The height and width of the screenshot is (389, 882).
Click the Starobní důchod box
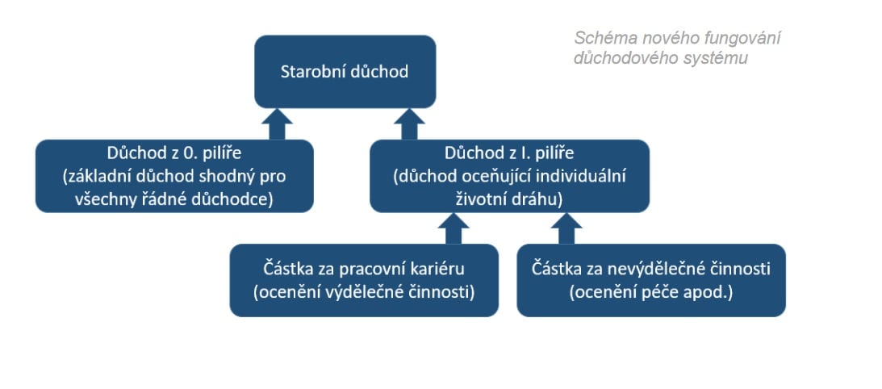pyautogui.click(x=345, y=72)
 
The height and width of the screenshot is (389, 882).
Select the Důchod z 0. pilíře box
pyautogui.click(x=174, y=176)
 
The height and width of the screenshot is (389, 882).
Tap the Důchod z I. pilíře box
pyautogui.click(x=509, y=176)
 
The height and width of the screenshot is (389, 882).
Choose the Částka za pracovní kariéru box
pyautogui.click(x=364, y=280)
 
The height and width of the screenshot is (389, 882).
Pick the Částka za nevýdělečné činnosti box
pyautogui.click(x=651, y=280)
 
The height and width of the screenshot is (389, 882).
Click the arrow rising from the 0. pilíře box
pyautogui.click(x=277, y=123)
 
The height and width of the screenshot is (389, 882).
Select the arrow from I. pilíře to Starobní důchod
pyautogui.click(x=409, y=123)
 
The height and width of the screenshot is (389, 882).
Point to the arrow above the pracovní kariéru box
pyautogui.click(x=454, y=228)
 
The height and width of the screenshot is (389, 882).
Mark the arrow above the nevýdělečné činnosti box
pyautogui.click(x=566, y=228)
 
